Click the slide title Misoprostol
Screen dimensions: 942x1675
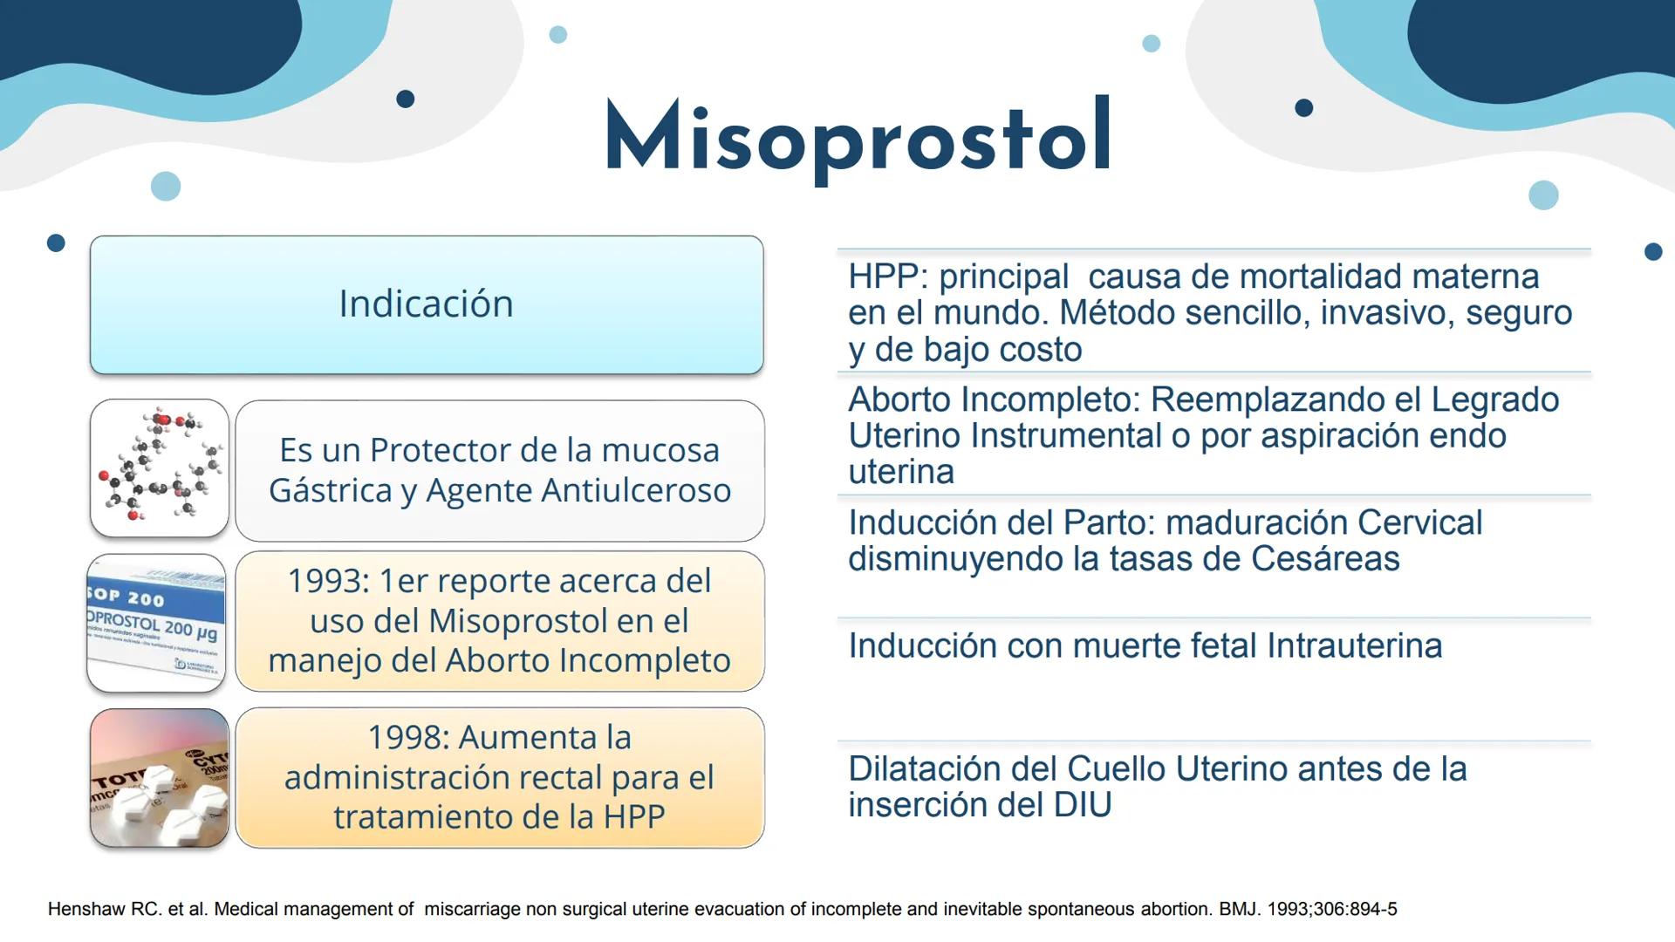pyautogui.click(x=858, y=138)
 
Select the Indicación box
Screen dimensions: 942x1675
pyautogui.click(x=426, y=304)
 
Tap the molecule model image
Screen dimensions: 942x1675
pyautogui.click(x=159, y=468)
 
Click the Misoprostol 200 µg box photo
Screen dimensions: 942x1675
pyautogui.click(x=157, y=624)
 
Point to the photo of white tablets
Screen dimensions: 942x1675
pyautogui.click(x=159, y=778)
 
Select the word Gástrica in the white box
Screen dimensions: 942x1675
pyautogui.click(x=330, y=490)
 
